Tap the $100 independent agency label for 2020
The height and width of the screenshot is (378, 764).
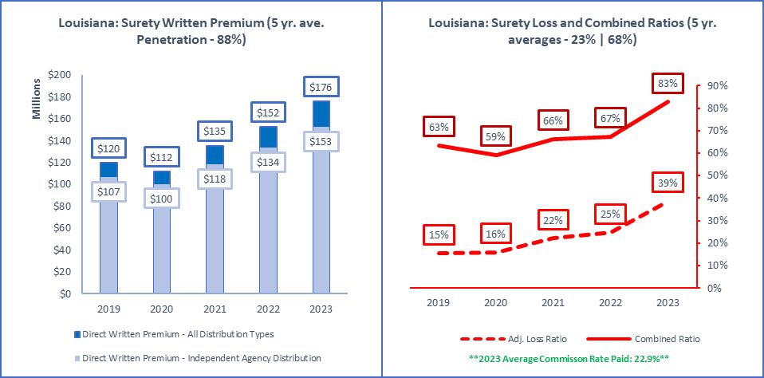(161, 199)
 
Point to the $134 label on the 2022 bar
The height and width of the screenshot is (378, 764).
(266, 163)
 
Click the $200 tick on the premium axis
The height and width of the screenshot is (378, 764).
(60, 75)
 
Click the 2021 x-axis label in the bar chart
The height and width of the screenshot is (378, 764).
(214, 309)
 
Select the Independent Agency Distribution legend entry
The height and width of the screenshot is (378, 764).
(200, 358)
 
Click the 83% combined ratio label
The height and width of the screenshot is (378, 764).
(668, 83)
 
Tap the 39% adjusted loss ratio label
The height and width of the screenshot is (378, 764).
(668, 183)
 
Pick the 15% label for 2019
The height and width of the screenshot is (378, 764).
(439, 235)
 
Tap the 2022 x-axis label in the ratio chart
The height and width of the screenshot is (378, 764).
(610, 303)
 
